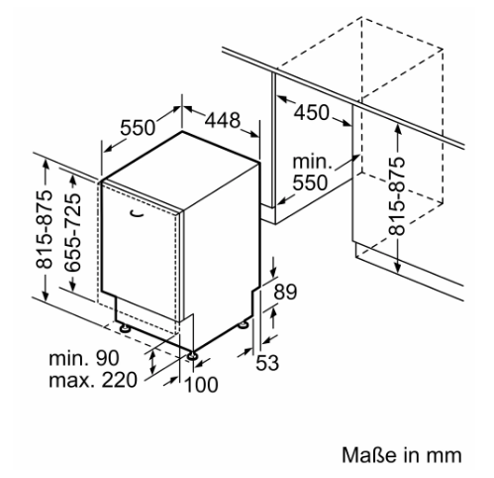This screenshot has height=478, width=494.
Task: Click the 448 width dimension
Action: click(223, 120)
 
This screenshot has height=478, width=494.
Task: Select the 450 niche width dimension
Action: click(312, 112)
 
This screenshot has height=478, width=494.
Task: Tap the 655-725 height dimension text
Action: click(72, 232)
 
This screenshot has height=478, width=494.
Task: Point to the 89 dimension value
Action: click(285, 292)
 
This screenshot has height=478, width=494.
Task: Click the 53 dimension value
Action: click(267, 363)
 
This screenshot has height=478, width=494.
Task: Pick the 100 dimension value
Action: click(201, 385)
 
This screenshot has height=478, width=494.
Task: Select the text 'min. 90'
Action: click(84, 358)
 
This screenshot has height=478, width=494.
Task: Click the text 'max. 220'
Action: click(93, 380)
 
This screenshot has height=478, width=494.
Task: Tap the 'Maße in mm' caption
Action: click(401, 455)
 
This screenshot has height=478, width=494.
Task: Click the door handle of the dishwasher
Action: click(138, 214)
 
